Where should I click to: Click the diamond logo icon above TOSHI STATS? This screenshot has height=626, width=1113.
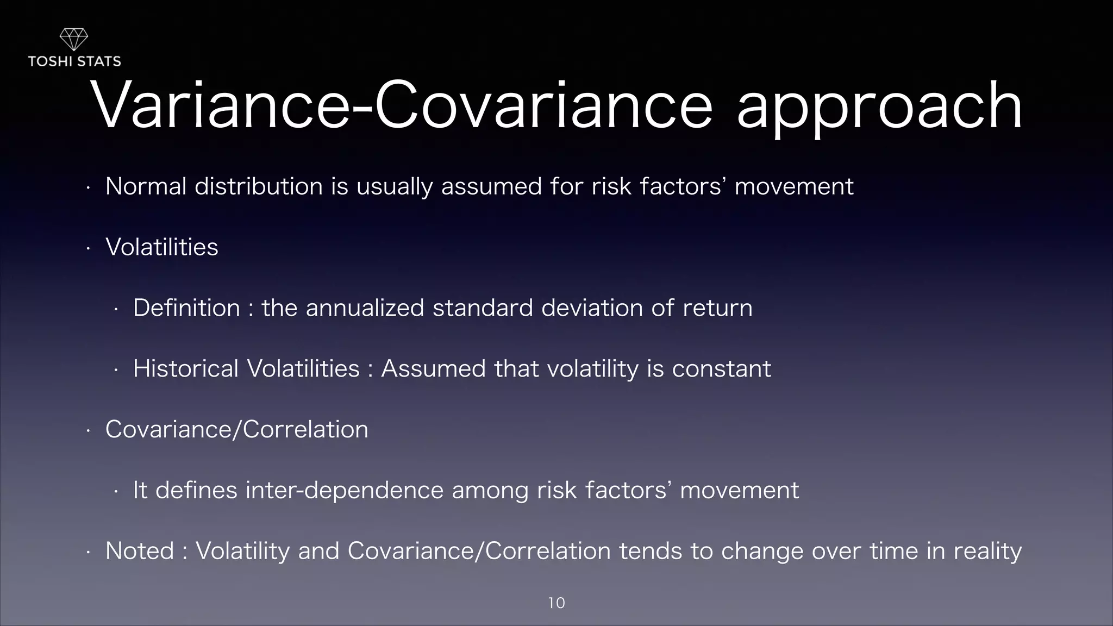tap(73, 40)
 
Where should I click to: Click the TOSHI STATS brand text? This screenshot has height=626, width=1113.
tap(74, 61)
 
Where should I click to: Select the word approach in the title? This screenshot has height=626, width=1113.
tap(879, 107)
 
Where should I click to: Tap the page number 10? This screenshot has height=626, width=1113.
tap(556, 603)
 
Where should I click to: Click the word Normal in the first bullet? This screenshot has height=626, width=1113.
tap(146, 186)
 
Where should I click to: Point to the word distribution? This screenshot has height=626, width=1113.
tap(259, 186)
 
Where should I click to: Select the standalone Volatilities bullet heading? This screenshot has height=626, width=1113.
tap(162, 247)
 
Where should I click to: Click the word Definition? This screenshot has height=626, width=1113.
tap(186, 308)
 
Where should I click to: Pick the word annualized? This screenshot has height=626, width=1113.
tap(365, 308)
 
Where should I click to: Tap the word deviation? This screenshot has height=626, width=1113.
tap(592, 308)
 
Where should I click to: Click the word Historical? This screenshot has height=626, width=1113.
tap(186, 369)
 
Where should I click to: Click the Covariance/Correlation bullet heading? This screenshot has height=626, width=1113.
tap(236, 430)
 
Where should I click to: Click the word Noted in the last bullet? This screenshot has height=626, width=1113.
tap(140, 551)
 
